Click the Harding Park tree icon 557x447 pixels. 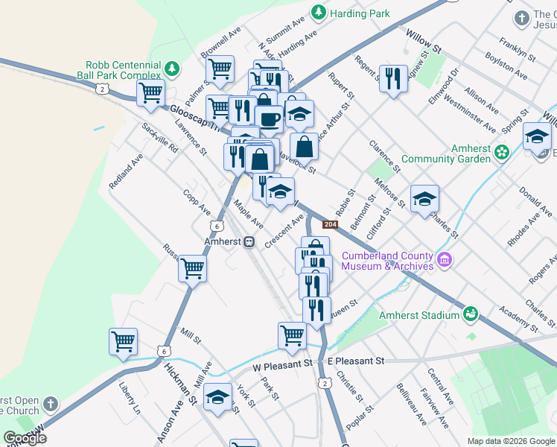pyautogui.click(x=319, y=13)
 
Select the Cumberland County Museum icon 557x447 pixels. pyautogui.click(x=445, y=260)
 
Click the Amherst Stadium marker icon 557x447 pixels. pyautogui.click(x=471, y=314)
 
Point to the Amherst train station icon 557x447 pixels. pyautogui.click(x=250, y=242)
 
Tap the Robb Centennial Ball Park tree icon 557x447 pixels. pyautogui.click(x=172, y=69)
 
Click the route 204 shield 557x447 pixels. pyautogui.click(x=331, y=223)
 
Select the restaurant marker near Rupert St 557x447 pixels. pyautogui.click(x=393, y=78)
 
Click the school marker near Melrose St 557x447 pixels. pyautogui.click(x=424, y=198)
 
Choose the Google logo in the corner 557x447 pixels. pyautogui.click(x=25, y=438)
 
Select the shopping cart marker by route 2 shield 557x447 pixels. pyautogui.click(x=150, y=93)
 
